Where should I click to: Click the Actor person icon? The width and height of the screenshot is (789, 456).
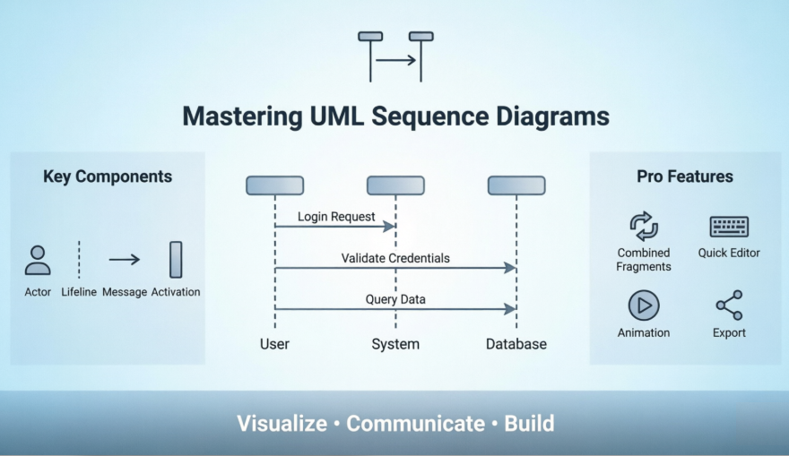(38, 260)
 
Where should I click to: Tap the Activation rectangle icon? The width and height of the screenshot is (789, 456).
(176, 260)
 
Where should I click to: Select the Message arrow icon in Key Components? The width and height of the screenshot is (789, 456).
(125, 260)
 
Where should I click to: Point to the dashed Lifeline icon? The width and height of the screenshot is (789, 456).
(79, 260)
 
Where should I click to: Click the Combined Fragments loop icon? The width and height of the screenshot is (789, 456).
(644, 226)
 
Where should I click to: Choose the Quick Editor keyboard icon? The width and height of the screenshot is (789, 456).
(729, 226)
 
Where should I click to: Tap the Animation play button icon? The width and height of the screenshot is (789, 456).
(644, 305)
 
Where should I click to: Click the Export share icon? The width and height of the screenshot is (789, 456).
(729, 305)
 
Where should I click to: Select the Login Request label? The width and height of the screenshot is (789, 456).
(337, 217)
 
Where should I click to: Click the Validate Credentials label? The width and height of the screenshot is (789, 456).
(395, 258)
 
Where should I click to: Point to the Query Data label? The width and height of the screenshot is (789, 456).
(395, 299)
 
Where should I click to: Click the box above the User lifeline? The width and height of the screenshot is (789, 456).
(274, 185)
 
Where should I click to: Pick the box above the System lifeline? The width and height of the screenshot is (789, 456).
(395, 185)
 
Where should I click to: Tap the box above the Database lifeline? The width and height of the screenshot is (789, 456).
(516, 185)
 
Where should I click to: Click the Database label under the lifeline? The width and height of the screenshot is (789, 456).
(516, 344)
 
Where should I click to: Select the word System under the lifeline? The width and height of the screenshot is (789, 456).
(395, 344)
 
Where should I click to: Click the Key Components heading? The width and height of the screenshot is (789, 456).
(108, 176)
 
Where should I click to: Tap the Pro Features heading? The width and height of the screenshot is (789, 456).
(685, 176)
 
